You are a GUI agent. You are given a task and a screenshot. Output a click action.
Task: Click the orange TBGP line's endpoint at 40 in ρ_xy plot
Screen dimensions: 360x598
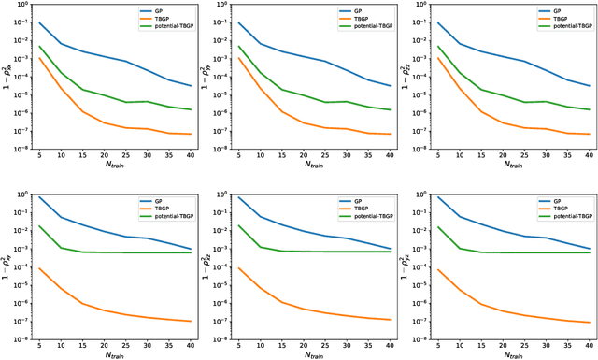(190, 321)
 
